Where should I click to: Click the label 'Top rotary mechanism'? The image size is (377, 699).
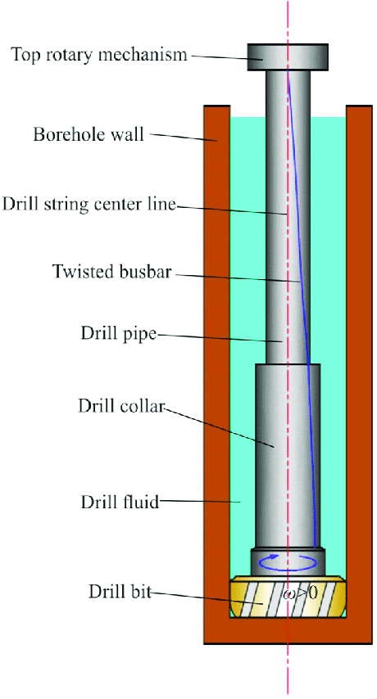click(99, 55)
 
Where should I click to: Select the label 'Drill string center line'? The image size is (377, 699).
click(89, 203)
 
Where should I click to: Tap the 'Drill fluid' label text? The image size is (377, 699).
click(119, 501)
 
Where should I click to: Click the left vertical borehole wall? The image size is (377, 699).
click(216, 368)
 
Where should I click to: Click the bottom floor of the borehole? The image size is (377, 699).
click(288, 631)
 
